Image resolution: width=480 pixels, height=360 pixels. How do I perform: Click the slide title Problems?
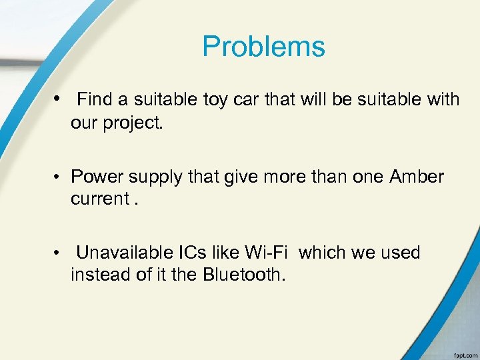[x=263, y=47]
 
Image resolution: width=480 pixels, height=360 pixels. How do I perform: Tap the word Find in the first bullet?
[x=95, y=100]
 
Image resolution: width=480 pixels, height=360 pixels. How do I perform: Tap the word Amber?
[x=417, y=177]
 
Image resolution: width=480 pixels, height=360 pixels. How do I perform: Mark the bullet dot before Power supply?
[x=59, y=177]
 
